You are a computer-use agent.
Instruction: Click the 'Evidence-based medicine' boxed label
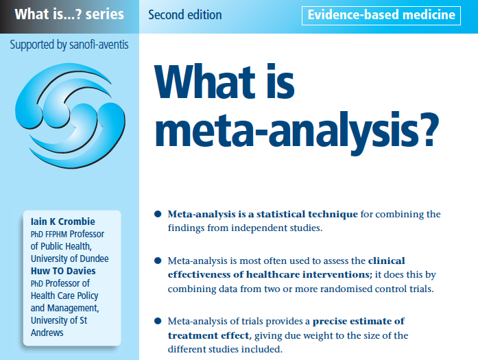point(381,15)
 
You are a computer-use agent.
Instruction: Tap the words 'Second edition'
point(185,14)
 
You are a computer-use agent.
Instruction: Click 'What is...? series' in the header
point(69,14)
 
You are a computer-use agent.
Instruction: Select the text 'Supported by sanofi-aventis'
point(69,45)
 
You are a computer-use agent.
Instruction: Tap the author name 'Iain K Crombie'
point(63,221)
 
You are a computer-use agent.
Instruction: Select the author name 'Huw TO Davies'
point(63,271)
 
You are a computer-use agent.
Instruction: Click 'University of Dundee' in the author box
point(69,259)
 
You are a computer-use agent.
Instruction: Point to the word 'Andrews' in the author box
point(47,333)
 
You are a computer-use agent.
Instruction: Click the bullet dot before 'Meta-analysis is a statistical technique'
point(158,214)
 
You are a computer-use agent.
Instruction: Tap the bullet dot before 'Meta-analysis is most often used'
point(158,261)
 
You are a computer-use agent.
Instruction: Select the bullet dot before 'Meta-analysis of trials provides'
point(158,321)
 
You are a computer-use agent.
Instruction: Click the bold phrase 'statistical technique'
point(307,215)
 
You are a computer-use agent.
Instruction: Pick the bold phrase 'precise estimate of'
point(359,322)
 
